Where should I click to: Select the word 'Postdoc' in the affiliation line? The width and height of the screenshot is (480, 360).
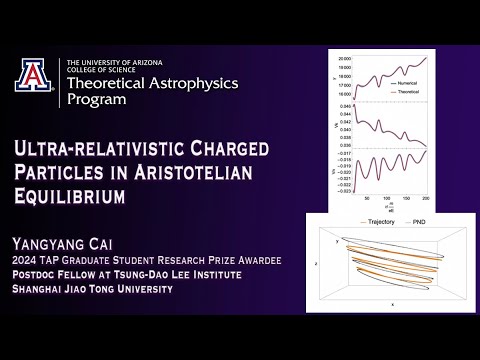coord(39,275)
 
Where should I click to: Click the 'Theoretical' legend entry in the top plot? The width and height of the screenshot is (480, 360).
coord(435,90)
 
